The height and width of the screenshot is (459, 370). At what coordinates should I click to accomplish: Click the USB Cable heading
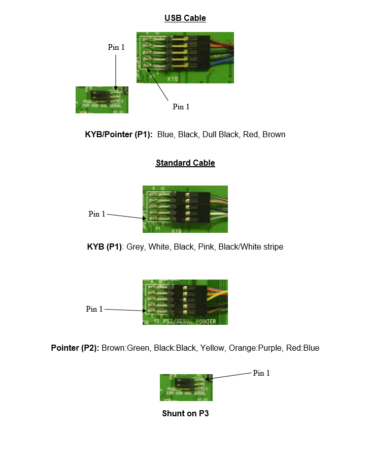coord(185,18)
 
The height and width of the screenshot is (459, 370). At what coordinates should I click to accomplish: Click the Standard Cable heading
coord(185,163)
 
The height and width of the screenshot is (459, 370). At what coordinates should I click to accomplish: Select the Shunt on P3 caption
coord(185,413)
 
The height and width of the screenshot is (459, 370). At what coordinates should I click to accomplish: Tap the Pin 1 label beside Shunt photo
coord(261,373)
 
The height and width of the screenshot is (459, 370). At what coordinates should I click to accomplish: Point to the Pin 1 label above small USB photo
coord(116,47)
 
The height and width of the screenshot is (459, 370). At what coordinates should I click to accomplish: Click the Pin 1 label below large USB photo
coord(181,107)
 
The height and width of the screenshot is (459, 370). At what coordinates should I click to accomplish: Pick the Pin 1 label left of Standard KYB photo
coord(97,214)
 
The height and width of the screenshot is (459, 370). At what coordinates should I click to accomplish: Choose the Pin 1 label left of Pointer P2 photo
coord(94,309)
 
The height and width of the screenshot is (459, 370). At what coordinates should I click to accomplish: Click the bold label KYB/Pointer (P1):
coord(119,135)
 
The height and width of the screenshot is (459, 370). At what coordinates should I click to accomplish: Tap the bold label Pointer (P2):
coord(75,348)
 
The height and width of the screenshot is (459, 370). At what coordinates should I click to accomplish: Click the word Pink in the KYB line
coord(206,247)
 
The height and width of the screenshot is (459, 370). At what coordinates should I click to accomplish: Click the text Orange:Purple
coord(254,348)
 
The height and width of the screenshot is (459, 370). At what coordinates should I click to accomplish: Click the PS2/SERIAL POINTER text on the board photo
coord(191,321)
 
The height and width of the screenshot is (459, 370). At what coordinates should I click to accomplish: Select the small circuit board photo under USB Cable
coord(102,100)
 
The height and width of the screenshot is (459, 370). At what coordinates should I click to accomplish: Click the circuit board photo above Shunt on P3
coord(186,387)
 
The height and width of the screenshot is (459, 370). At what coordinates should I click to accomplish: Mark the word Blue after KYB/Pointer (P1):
coord(165,135)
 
